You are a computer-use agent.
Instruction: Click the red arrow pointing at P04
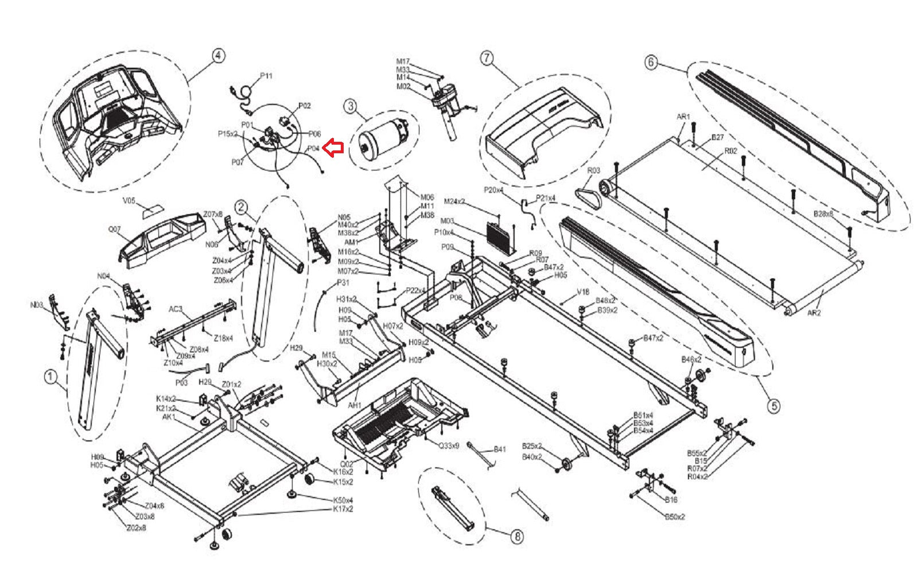coord(333,148)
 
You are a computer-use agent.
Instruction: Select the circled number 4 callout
coord(218,56)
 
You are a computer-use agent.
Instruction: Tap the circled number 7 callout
coord(487,57)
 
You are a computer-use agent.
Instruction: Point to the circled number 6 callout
coord(651,61)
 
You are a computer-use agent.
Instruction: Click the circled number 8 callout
coord(517,537)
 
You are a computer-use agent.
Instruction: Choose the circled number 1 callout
coord(50,377)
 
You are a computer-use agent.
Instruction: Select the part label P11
coord(266,76)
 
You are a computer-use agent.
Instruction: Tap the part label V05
coord(129,201)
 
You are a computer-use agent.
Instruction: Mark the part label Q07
coord(115,230)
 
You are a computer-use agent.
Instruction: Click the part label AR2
coord(814,313)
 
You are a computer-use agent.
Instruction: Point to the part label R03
coord(593,170)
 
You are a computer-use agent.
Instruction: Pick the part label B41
coord(500,449)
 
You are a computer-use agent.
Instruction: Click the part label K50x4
coord(343,500)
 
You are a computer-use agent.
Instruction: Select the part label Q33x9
coord(449,445)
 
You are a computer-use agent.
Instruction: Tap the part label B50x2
coord(675,517)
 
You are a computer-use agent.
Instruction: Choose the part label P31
coord(343,282)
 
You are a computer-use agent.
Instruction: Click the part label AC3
coord(176,309)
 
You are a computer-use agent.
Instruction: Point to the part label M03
coord(447,221)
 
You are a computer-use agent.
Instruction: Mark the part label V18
coord(583,292)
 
